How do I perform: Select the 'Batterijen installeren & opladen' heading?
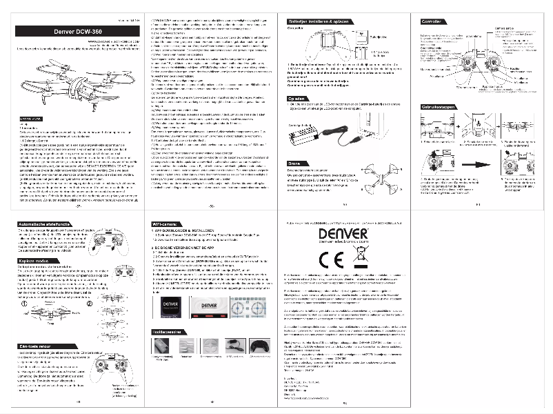point(318,22)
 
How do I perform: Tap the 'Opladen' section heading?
point(299,98)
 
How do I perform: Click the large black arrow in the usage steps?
point(475,164)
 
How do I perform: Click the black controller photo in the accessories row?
point(263,346)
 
